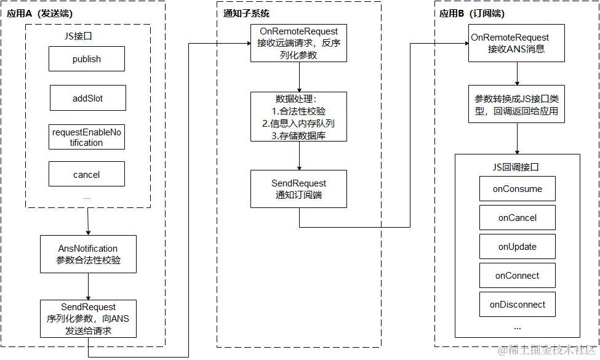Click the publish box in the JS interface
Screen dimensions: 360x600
86,59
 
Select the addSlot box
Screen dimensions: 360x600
87,98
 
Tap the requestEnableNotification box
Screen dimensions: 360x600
86,137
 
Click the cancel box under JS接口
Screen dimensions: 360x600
86,174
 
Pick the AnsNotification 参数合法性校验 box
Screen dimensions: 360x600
88,254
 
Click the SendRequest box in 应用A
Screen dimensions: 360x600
88,319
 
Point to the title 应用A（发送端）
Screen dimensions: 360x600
39,13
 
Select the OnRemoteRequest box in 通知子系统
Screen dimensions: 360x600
298,42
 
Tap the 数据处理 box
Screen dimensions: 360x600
298,117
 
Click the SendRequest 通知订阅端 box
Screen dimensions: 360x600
298,189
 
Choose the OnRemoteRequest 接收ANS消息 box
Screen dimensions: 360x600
516,43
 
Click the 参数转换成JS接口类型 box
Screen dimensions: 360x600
516,105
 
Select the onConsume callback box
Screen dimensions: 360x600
517,189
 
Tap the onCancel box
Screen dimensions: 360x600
517,218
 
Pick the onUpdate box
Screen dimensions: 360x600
517,247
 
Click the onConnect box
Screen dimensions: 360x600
517,276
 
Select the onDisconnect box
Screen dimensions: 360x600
517,305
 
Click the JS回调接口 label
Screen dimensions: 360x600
517,167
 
